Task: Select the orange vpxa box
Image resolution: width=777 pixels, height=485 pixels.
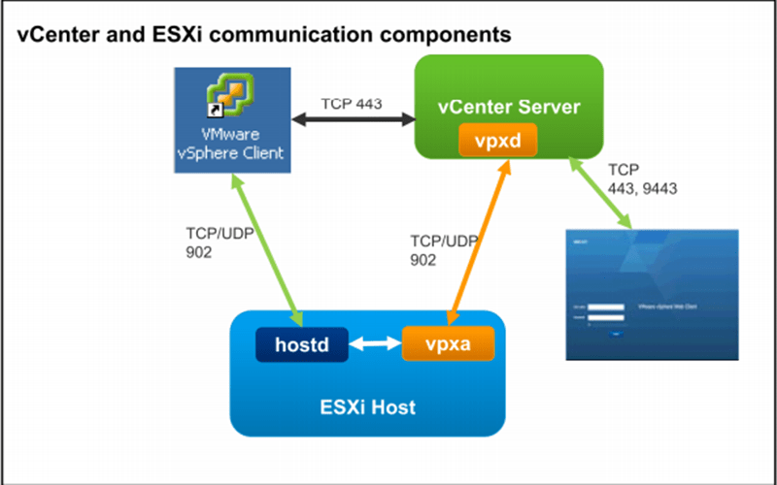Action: (448, 342)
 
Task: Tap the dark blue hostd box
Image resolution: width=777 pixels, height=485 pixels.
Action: (302, 342)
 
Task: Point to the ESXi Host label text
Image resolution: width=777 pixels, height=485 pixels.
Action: (368, 406)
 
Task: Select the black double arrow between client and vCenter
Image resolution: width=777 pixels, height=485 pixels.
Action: (354, 121)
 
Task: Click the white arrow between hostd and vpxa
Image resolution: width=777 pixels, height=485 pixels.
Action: (375, 343)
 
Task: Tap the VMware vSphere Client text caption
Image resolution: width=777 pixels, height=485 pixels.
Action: (231, 144)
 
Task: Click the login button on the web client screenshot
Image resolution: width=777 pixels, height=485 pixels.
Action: (617, 333)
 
